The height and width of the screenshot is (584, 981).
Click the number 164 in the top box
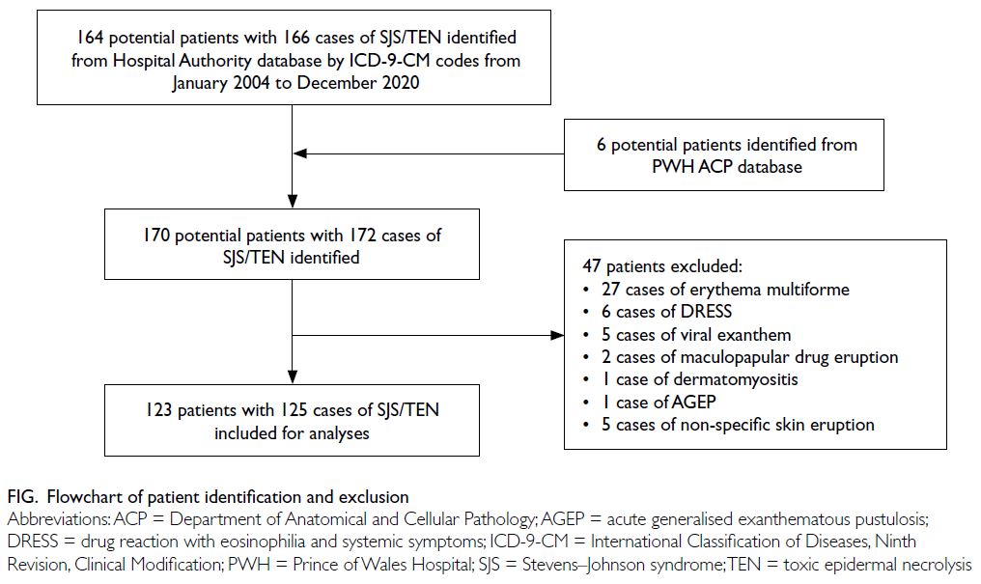(90, 38)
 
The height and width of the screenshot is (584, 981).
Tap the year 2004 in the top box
(251, 83)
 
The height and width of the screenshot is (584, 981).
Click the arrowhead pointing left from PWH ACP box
(299, 153)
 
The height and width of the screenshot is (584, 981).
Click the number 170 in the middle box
(156, 236)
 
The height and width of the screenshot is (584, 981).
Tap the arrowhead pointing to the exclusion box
(557, 336)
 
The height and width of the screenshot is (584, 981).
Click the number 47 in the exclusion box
(592, 266)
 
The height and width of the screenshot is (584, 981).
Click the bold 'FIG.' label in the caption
(23, 498)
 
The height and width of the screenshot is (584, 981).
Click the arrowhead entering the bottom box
(293, 377)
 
